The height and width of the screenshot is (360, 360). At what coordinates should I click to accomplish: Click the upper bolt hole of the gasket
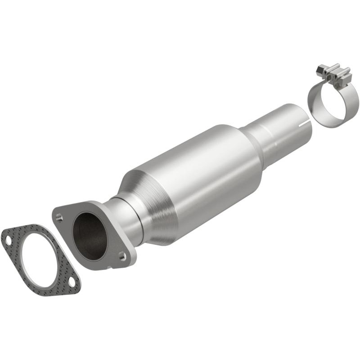click(x=9, y=240)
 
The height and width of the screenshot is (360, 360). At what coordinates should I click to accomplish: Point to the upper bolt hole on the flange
click(x=59, y=217)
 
